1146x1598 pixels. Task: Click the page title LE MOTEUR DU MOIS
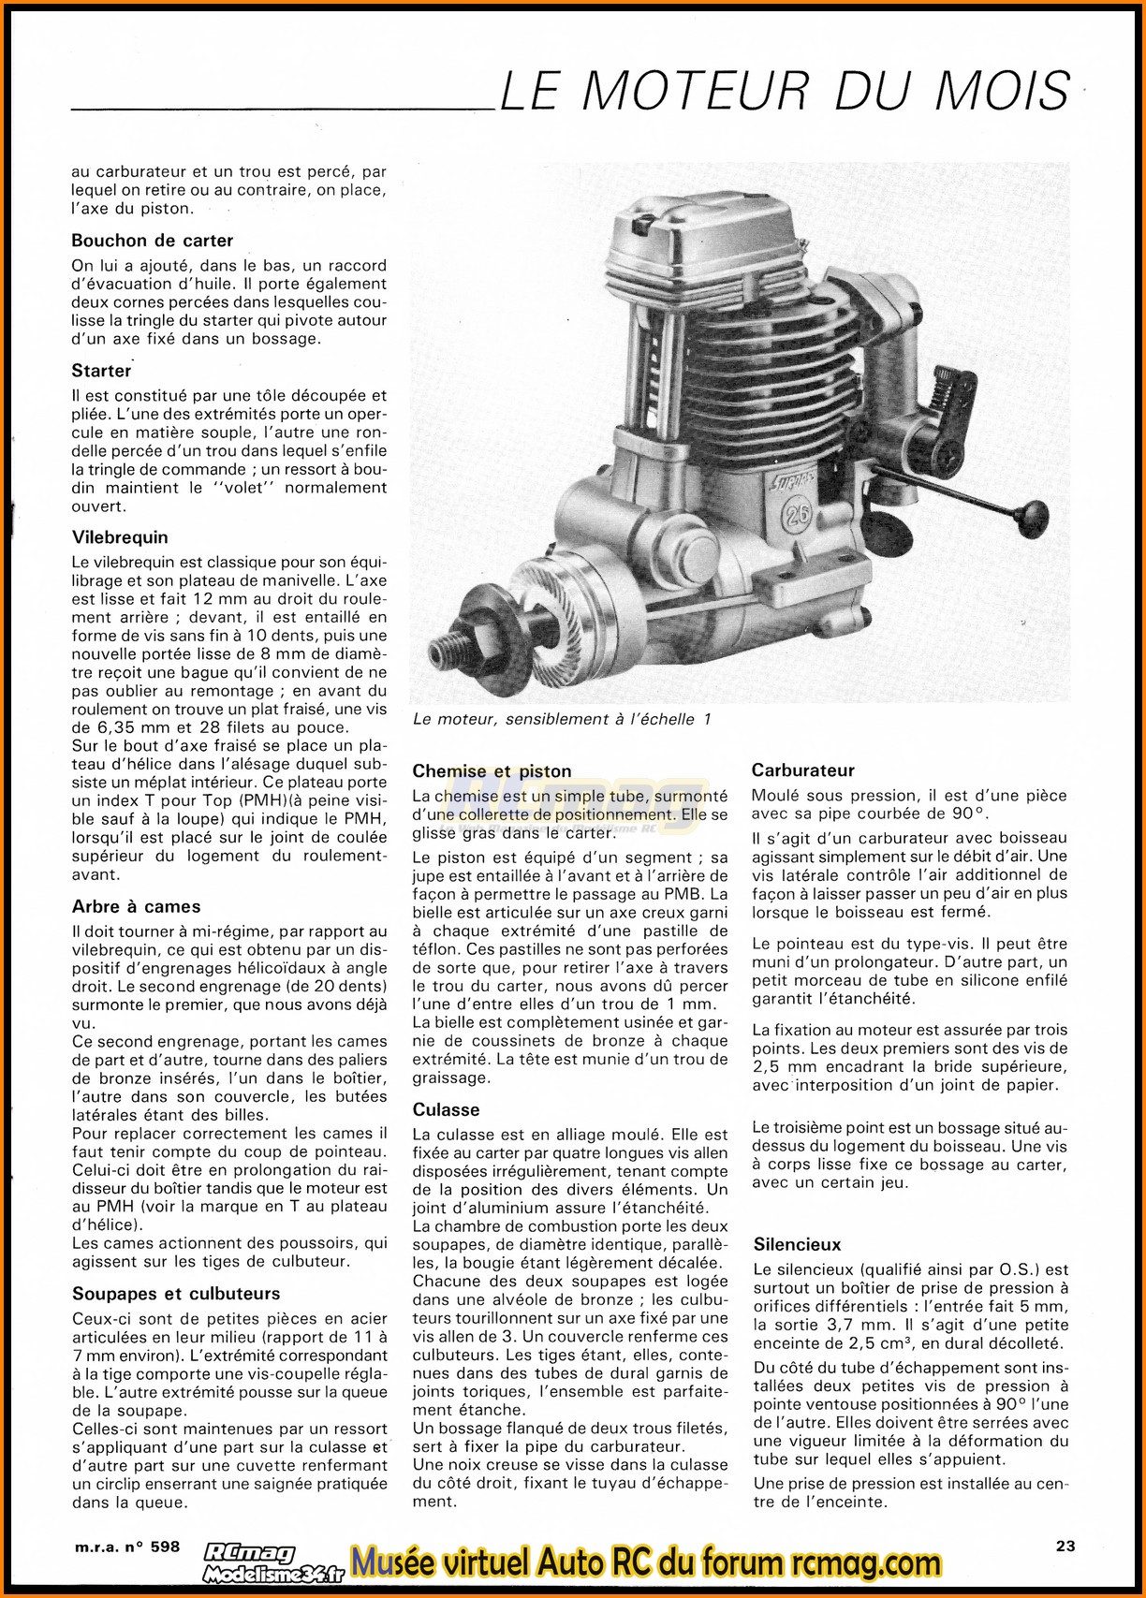point(785,92)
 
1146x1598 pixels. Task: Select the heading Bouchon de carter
point(152,241)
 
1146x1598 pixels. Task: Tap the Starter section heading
point(101,371)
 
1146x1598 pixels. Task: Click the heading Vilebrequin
point(120,537)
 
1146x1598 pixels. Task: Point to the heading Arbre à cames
point(136,906)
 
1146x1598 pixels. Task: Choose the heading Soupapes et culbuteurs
point(176,1294)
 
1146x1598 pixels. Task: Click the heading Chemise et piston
point(492,771)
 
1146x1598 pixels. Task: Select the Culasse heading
point(446,1109)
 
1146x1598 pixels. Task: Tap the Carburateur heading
point(802,770)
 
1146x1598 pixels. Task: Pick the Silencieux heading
point(797,1244)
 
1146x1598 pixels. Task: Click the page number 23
point(1065,1546)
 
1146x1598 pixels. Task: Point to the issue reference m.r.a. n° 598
point(125,1547)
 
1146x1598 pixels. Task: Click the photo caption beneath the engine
point(562,719)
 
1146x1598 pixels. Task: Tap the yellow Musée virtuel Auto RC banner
point(646,1561)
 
